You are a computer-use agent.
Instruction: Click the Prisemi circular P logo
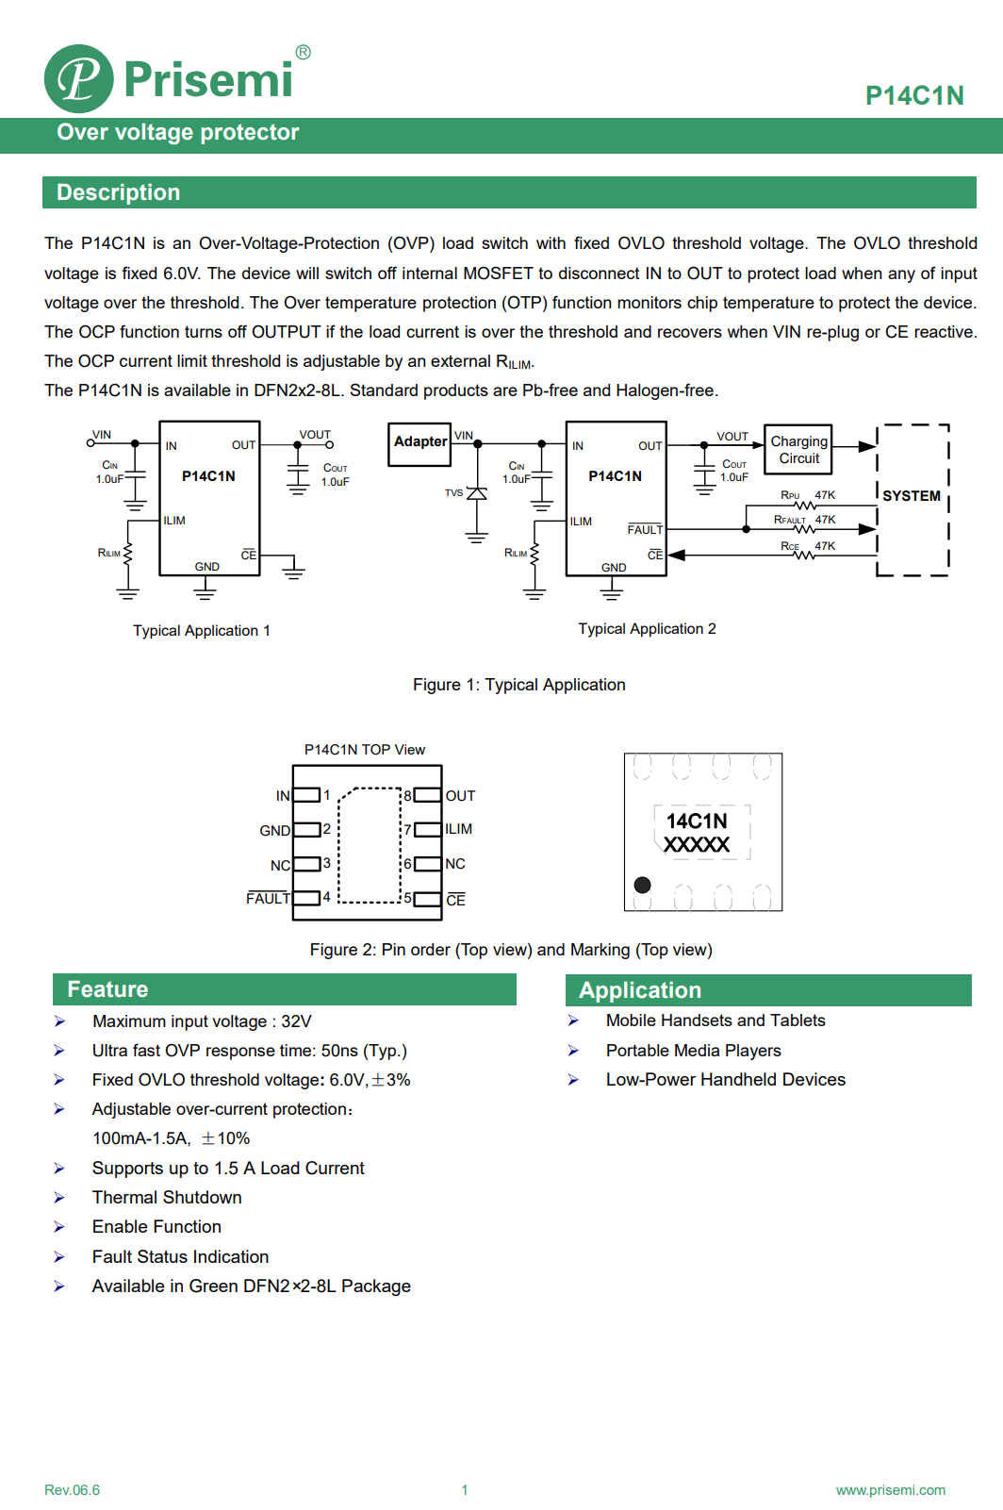pyautogui.click(x=79, y=78)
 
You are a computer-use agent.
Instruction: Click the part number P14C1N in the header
pyautogui.click(x=913, y=95)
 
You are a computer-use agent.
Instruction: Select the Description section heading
pyautogui.click(x=118, y=192)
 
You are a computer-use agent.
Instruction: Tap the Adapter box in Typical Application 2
pyautogui.click(x=420, y=442)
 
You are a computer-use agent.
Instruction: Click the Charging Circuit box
pyautogui.click(x=798, y=450)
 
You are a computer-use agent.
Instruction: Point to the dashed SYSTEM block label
pyautogui.click(x=911, y=496)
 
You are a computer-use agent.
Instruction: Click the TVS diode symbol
pyautogui.click(x=477, y=493)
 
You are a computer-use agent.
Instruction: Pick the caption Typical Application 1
pyautogui.click(x=201, y=631)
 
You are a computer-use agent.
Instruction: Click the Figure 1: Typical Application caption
pyautogui.click(x=518, y=685)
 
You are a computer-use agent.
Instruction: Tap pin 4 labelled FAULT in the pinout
pyautogui.click(x=269, y=899)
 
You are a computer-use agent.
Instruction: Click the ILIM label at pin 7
pyautogui.click(x=459, y=829)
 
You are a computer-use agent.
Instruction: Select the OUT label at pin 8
pyautogui.click(x=460, y=796)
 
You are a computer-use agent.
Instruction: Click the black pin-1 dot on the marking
pyautogui.click(x=642, y=885)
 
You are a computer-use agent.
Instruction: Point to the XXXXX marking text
pyautogui.click(x=697, y=845)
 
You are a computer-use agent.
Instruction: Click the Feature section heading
pyautogui.click(x=107, y=989)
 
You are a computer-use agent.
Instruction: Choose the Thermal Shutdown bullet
pyautogui.click(x=167, y=1198)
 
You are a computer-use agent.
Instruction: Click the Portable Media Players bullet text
pyautogui.click(x=693, y=1051)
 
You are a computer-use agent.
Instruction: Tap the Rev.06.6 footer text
pyautogui.click(x=72, y=1490)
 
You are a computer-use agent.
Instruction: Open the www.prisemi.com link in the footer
pyautogui.click(x=890, y=1490)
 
